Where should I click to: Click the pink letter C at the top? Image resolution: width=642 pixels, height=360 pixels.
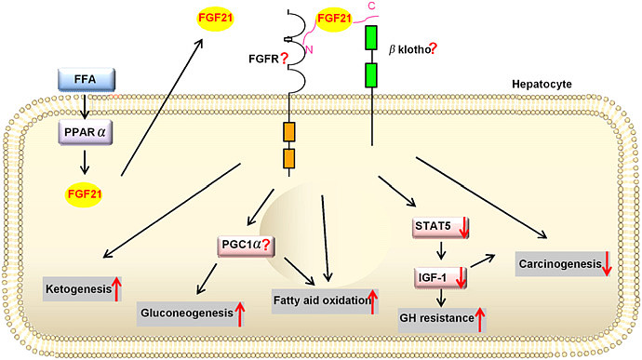click(x=396, y=6)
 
